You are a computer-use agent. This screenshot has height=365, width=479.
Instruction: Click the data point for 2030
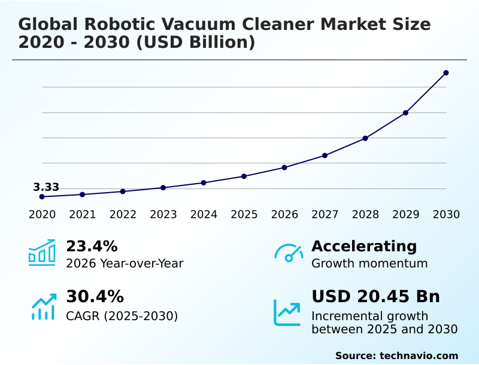pos(446,73)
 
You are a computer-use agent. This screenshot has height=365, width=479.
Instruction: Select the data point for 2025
pos(244,176)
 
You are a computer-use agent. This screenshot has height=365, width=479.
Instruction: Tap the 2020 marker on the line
pos(42,197)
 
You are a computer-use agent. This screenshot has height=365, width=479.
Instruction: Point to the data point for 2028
pos(365,138)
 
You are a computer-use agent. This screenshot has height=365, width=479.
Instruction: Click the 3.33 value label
pos(46,187)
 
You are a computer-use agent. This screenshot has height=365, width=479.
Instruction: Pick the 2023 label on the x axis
pos(163,215)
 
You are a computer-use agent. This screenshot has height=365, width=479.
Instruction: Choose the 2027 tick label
pos(325,215)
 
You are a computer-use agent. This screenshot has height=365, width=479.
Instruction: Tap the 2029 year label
pos(406,215)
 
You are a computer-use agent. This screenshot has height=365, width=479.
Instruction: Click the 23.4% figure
pos(92,246)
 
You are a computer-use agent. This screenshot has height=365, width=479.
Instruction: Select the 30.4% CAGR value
pos(95,297)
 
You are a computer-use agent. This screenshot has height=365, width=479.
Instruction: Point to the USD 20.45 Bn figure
pos(375,297)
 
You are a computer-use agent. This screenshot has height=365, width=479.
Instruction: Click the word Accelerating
pos(364,246)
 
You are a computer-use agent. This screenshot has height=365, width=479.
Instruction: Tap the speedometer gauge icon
pos(289,253)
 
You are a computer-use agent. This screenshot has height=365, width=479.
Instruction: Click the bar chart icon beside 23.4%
pos(42,253)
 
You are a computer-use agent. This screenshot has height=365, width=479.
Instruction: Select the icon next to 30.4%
pos(43,306)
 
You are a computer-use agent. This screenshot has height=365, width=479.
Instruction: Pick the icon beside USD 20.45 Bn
pos(287,312)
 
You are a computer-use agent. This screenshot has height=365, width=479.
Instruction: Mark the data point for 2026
pos(284,168)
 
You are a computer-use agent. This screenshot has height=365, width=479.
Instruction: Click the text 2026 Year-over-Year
pos(125,264)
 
